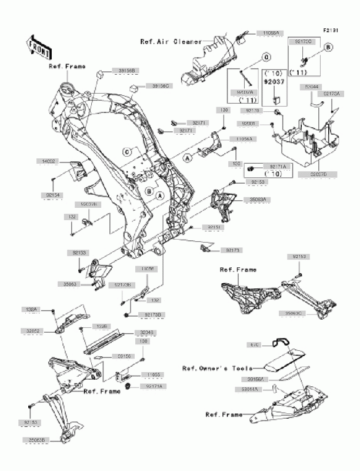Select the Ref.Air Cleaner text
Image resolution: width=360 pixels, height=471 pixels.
[171, 42]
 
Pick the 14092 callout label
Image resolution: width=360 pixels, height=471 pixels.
[49, 160]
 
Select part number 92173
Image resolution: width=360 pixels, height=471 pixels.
[230, 251]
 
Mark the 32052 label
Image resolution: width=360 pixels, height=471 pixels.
[32, 331]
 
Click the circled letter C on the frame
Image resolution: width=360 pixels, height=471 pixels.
[126, 151]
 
